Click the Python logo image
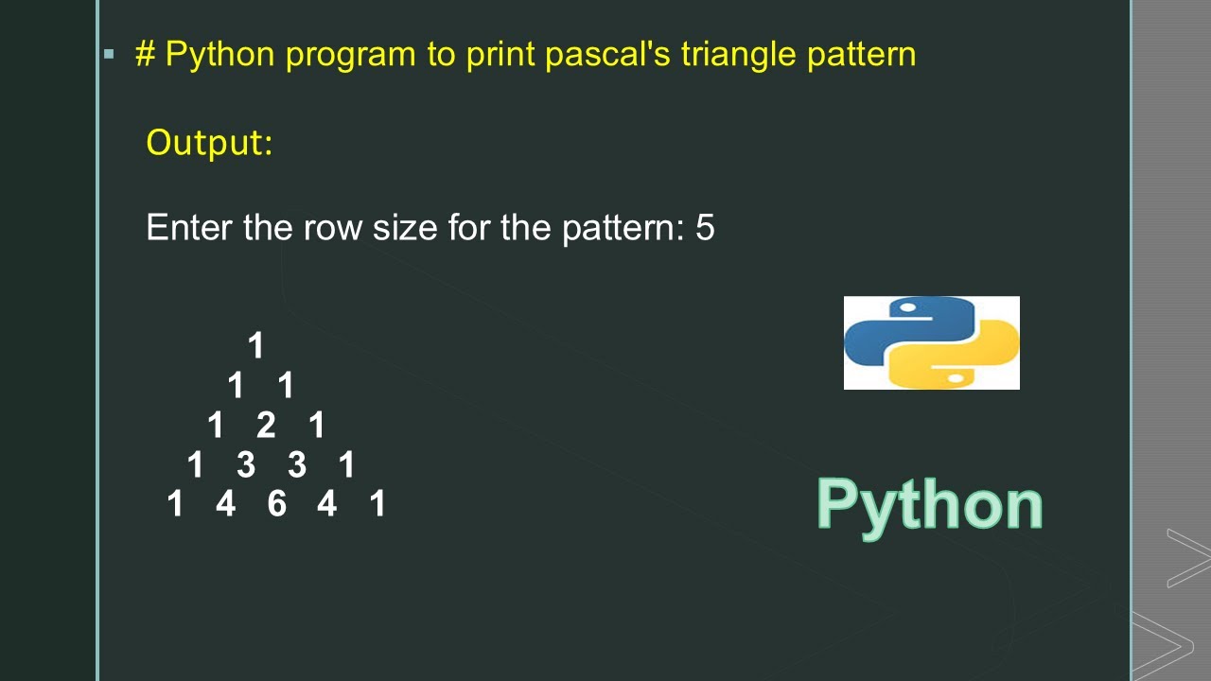pos(931,342)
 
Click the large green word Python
pos(929,505)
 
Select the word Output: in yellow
pos(209,143)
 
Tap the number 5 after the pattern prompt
pos(705,228)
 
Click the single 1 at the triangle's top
pos(255,345)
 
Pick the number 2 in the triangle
pos(266,426)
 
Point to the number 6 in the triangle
pos(276,504)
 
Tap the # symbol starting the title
pos(145,54)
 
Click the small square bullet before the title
pos(109,54)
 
